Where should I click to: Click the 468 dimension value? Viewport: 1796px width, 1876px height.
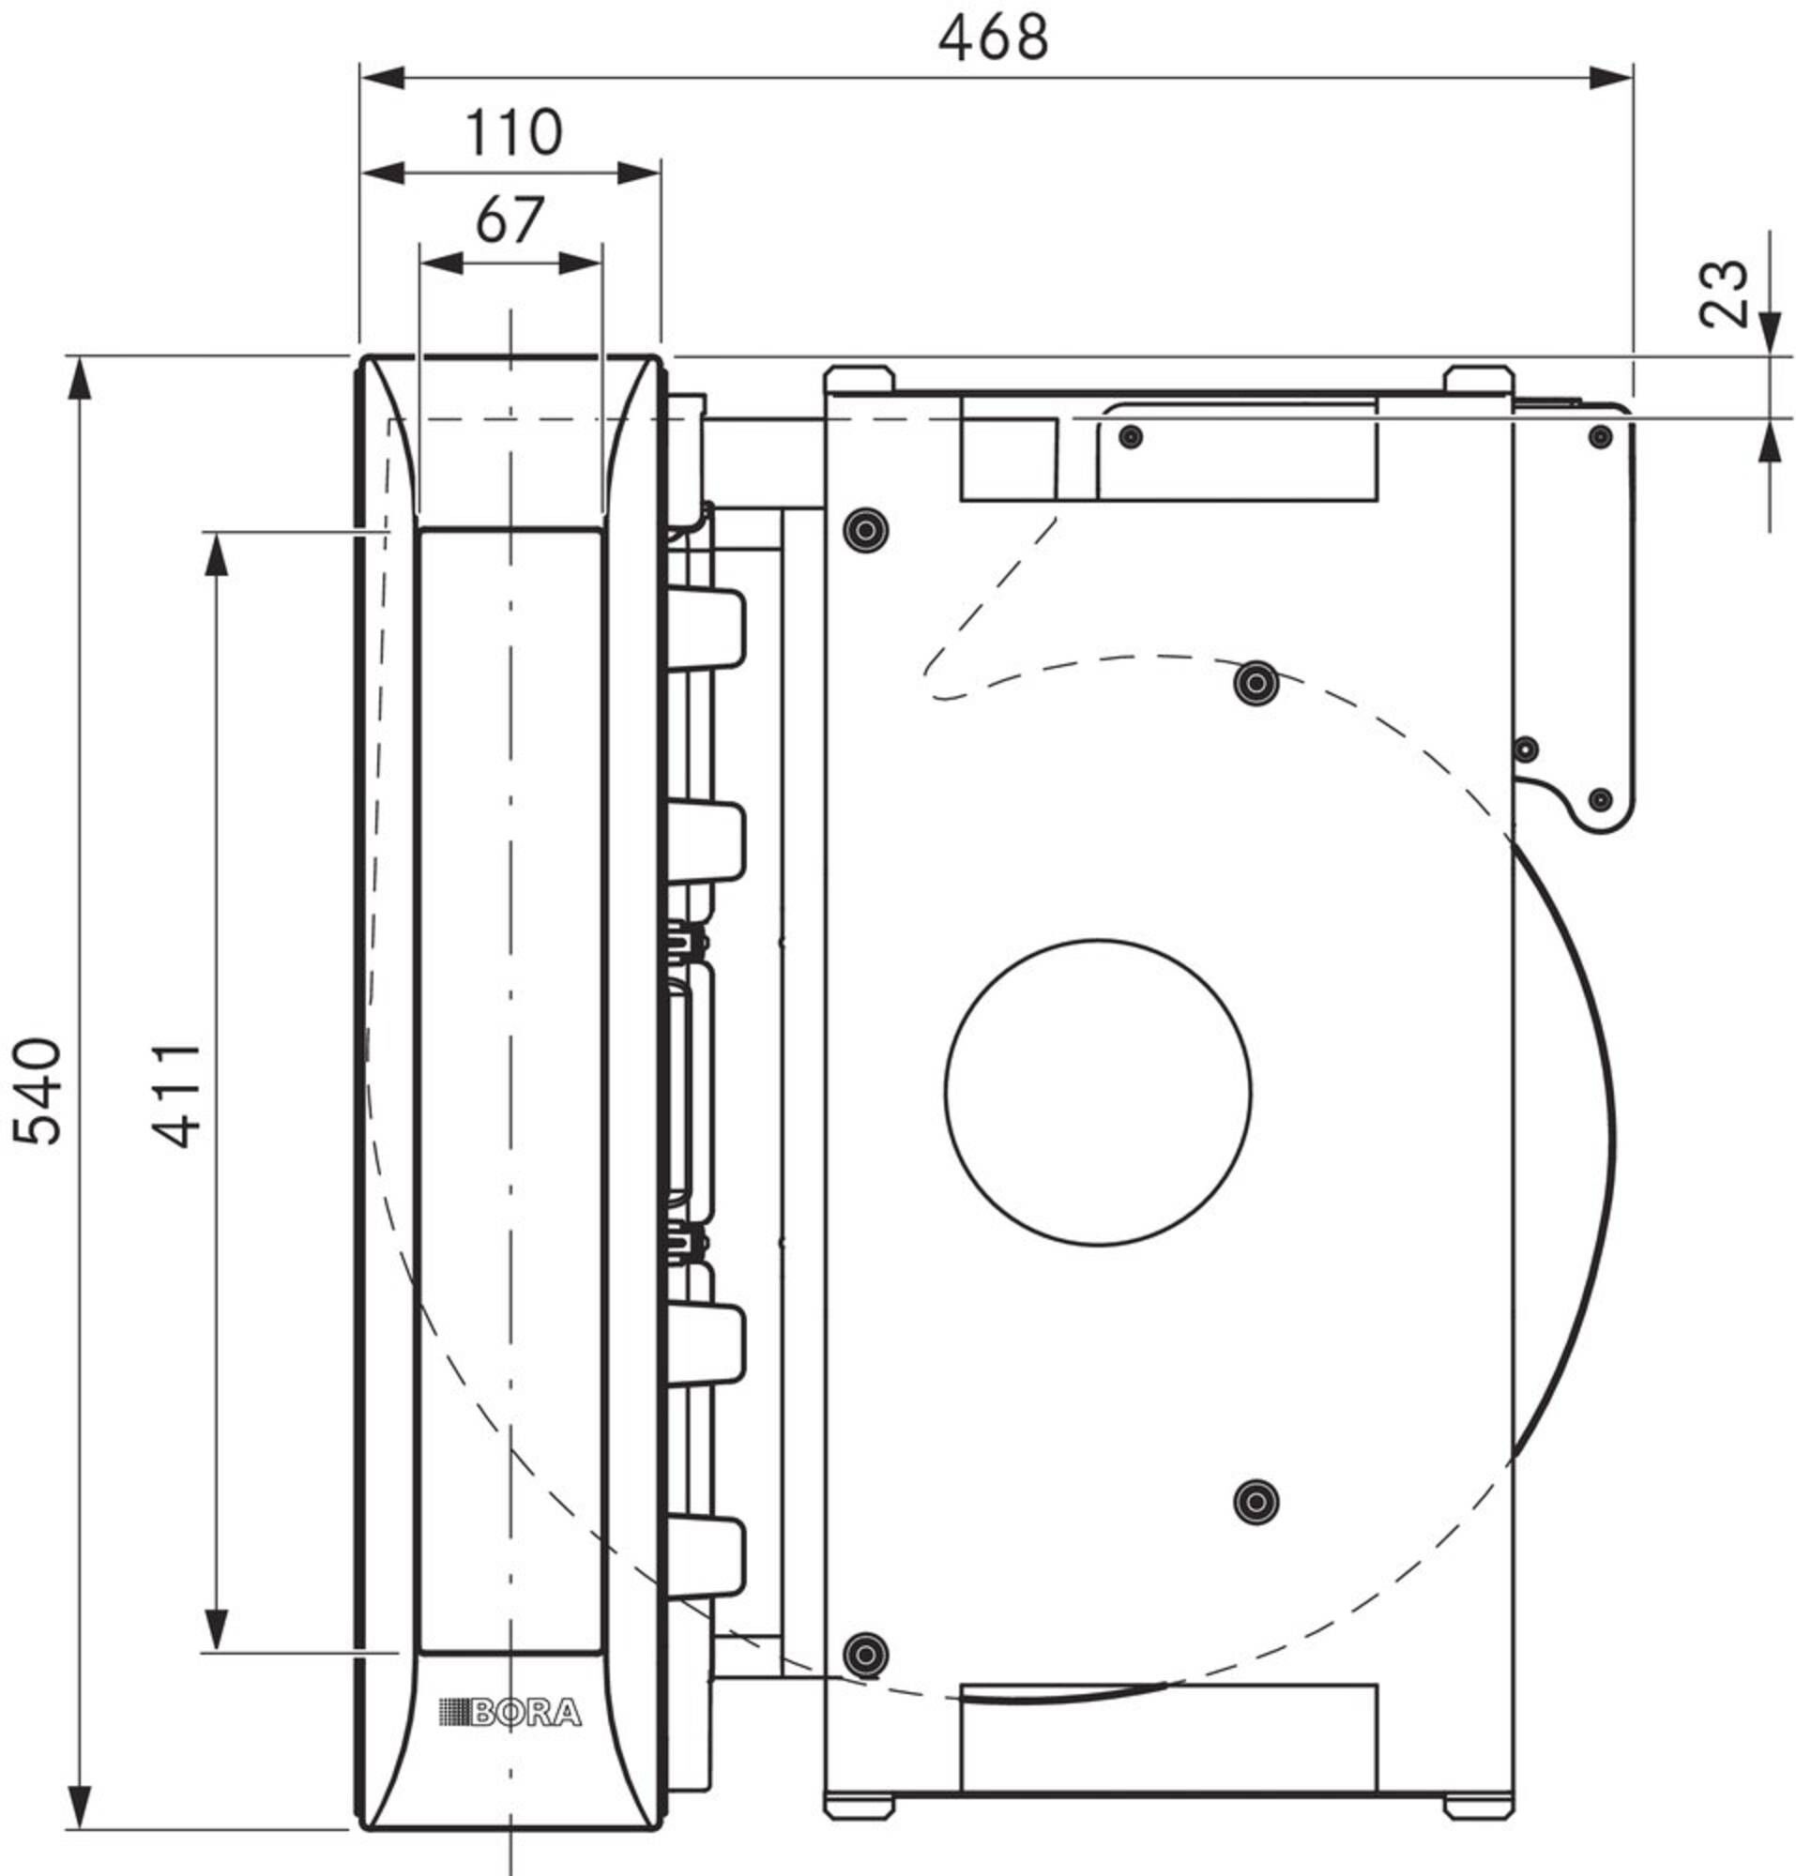[993, 39]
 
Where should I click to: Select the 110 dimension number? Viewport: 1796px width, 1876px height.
[513, 132]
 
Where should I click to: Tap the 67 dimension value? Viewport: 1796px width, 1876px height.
[510, 220]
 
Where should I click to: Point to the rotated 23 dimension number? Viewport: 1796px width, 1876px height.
[1723, 295]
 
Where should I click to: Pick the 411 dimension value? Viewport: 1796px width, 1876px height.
[177, 1096]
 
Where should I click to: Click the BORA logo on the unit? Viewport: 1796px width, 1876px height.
[510, 1713]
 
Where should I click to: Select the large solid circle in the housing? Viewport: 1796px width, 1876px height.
[1097, 1092]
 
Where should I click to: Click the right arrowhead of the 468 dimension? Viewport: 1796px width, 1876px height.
[1611, 78]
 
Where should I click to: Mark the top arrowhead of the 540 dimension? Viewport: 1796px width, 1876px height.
[81, 378]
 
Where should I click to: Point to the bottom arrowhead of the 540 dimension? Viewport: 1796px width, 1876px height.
[81, 1808]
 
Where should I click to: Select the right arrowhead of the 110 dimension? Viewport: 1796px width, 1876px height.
[639, 174]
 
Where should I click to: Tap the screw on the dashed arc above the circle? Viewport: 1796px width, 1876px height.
[1256, 683]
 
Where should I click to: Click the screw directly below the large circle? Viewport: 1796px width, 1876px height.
[1256, 1502]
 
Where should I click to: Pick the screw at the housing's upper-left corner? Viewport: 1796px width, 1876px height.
[865, 528]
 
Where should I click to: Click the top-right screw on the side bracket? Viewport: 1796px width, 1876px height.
[1600, 437]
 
